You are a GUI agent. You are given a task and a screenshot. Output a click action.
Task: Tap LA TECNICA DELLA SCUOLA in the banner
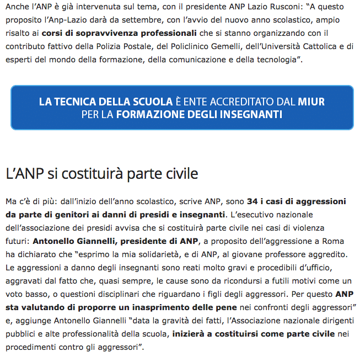tap(105, 102)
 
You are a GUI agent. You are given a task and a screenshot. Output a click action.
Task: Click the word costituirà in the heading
tap(95, 173)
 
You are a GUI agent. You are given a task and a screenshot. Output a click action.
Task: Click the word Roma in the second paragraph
tap(336, 241)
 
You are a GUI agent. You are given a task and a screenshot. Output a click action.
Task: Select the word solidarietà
tap(165, 254)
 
